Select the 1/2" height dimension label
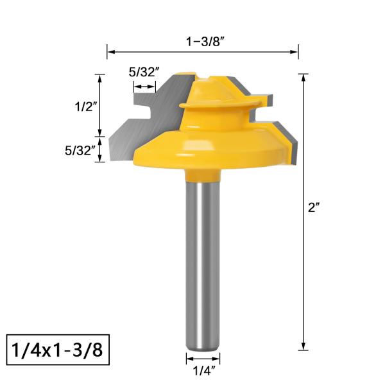85,107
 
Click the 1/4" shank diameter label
204,370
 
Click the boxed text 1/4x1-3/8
56,351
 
